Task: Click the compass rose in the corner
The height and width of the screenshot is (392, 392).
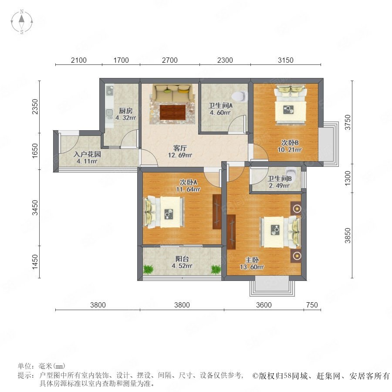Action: tap(22, 22)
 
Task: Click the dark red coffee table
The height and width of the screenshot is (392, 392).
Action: tap(173, 112)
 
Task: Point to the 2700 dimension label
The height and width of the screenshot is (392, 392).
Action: tap(170, 60)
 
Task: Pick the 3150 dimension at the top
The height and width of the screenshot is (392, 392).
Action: tap(285, 60)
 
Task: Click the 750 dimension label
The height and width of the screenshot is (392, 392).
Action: tap(312, 305)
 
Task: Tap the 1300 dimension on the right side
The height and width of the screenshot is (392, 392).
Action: tap(348, 178)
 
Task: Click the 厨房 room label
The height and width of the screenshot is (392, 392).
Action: tap(125, 111)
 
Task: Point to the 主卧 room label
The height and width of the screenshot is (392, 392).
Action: tap(252, 260)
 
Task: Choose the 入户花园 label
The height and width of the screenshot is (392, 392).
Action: tap(87, 154)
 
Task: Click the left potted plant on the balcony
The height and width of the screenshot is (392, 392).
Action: tap(149, 269)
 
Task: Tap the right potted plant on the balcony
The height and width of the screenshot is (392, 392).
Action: tap(216, 269)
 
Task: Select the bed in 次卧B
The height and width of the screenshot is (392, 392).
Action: tap(291, 105)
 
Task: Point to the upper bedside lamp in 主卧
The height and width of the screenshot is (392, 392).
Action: tap(297, 209)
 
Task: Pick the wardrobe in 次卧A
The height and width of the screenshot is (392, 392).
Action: tap(217, 212)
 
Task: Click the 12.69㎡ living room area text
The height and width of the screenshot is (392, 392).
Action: tap(180, 155)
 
